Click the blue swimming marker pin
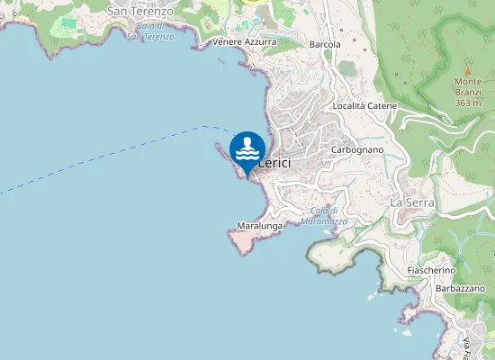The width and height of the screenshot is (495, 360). coord(247,150)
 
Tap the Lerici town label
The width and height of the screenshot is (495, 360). coord(274,163)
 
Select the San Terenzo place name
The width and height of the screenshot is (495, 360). coord(140,11)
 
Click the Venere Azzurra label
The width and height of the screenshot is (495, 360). coord(245,42)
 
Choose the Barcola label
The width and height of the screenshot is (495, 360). coord(325,44)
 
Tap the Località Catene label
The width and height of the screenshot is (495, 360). coord(364,106)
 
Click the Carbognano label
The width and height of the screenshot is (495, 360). coord(357,149)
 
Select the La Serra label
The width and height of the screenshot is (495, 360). coord(412,203)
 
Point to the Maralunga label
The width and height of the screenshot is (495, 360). coord(259,225)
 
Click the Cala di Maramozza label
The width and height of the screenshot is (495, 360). coord(319,216)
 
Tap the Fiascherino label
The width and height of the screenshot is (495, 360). coord(431,270)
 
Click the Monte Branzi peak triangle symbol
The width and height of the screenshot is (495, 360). coord(467,71)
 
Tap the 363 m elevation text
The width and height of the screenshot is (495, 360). coord(468,103)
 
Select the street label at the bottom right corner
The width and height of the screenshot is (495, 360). coord(467,347)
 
